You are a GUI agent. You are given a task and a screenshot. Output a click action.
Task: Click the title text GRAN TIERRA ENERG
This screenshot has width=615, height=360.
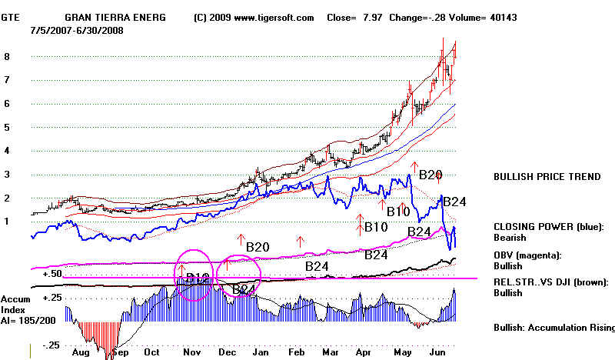pos(114,16)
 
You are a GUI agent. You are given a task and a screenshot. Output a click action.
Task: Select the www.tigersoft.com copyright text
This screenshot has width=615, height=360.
pos(253,16)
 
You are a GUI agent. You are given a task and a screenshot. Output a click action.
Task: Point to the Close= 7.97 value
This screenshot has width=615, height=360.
pos(350,16)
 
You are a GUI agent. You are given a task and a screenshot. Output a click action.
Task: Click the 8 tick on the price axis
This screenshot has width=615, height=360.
pos(7,56)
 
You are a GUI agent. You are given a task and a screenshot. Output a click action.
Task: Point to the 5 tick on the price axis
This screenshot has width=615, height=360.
pos(7,127)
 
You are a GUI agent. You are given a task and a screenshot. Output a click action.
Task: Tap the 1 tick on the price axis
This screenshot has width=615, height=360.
pos(7,222)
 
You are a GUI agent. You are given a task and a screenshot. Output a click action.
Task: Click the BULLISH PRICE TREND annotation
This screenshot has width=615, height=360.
pos(547,177)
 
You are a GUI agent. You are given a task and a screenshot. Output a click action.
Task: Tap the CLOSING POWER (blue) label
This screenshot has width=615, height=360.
pos(549,226)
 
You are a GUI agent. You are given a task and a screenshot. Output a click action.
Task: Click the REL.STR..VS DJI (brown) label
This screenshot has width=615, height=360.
pos(553,282)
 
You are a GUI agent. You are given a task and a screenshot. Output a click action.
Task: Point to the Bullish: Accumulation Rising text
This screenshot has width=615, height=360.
pos(553,328)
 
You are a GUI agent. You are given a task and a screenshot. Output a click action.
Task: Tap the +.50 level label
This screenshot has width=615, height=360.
pos(52,274)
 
